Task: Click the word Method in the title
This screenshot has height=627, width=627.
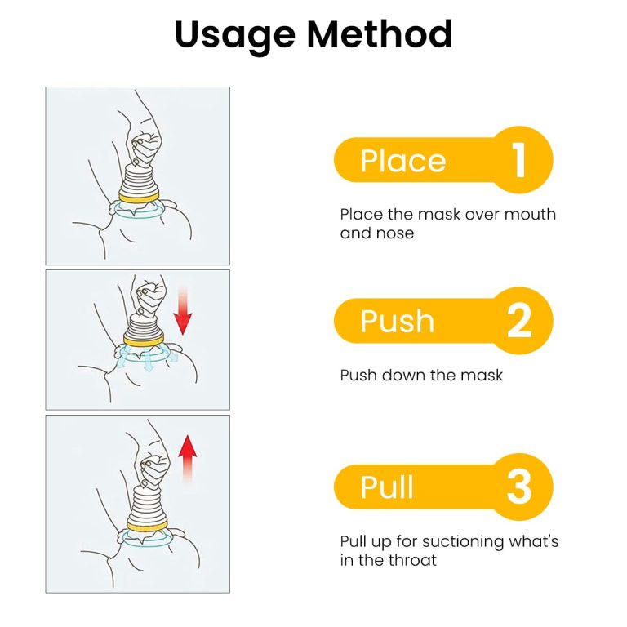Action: point(380,33)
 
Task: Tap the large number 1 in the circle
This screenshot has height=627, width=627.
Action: point(518,160)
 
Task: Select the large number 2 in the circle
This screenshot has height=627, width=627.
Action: point(519,321)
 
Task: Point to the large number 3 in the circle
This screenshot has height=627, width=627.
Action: point(519,487)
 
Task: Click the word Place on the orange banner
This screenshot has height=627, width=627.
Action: point(402,161)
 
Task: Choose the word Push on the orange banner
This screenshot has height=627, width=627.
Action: point(397,321)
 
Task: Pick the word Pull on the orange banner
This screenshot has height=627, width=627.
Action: point(386,487)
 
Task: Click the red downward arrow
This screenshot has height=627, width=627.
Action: point(183,311)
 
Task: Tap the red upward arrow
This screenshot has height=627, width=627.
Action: point(187,458)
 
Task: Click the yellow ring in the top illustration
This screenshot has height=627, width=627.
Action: point(139,197)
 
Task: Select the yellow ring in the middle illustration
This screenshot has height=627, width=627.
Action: point(144,340)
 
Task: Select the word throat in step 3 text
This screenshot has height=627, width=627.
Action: point(411,560)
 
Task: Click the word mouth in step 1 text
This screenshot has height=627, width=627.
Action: point(530,215)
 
